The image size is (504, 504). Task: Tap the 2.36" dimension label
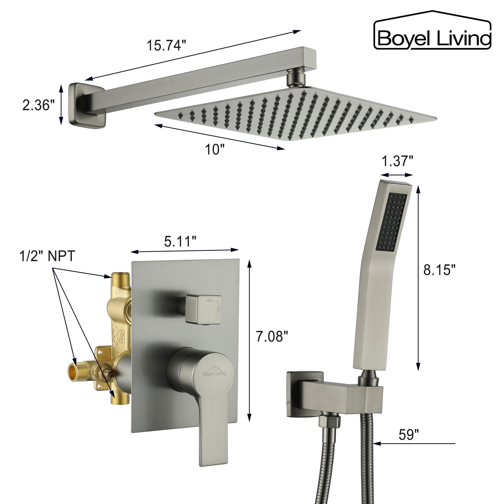[38, 105]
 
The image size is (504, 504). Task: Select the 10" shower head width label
[214, 150]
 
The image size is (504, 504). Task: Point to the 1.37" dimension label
[397, 161]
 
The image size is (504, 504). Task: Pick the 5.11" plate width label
[180, 241]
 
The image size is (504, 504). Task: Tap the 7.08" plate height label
[272, 336]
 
